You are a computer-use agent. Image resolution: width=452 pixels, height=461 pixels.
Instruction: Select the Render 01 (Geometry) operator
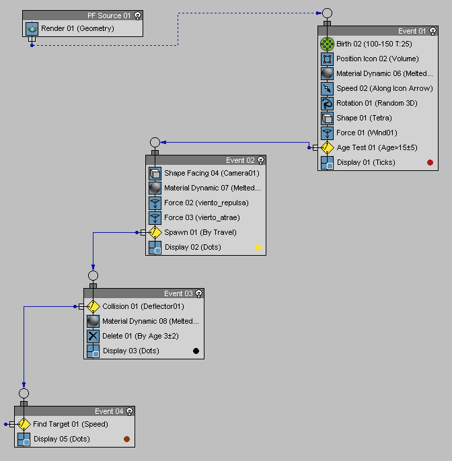(x=77, y=29)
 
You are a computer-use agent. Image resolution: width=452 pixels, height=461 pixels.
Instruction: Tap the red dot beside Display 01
(x=430, y=162)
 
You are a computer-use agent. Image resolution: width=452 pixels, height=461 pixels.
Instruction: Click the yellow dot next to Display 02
(x=258, y=247)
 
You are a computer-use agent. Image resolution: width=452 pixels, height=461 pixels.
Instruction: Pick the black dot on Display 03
(x=196, y=351)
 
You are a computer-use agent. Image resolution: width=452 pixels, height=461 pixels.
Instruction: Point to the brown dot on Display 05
(x=126, y=439)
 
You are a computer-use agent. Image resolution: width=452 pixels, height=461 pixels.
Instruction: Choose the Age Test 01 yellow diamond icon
(x=328, y=147)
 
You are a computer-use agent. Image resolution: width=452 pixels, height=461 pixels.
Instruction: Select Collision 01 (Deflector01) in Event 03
(x=143, y=306)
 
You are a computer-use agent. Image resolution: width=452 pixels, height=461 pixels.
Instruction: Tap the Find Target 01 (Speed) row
(x=70, y=424)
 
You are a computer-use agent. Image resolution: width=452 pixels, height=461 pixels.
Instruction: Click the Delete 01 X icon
(x=93, y=336)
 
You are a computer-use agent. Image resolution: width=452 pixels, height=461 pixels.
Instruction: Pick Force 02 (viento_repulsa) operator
(x=206, y=203)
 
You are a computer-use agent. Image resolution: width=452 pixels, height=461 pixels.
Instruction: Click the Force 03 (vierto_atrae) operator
(x=202, y=217)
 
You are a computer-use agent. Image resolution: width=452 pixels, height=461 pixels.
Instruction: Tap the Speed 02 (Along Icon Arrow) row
(x=384, y=88)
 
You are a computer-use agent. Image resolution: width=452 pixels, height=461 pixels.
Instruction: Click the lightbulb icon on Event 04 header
(x=129, y=411)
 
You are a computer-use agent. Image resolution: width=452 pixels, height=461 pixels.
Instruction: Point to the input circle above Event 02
(x=155, y=142)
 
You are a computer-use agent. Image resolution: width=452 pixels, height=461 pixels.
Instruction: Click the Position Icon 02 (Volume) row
(x=377, y=59)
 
